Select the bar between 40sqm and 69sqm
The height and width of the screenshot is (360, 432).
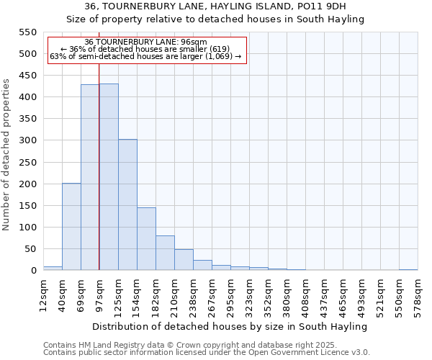tap(71, 227)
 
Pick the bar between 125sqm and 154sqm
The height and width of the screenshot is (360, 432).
tap(127, 204)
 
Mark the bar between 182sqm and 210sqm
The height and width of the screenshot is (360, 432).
tap(165, 253)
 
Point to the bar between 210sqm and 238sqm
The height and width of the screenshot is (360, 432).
tap(184, 260)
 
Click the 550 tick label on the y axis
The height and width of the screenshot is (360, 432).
tap(27, 32)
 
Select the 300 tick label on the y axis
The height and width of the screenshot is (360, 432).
tap(27, 140)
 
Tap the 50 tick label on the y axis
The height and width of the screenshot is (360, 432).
tap(30, 249)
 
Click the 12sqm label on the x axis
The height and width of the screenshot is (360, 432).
tap(43, 293)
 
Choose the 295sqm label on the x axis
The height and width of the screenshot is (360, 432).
tap(230, 295)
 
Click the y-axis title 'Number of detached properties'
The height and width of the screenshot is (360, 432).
tap(7, 155)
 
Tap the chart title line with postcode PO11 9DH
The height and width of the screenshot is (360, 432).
tap(215, 6)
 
